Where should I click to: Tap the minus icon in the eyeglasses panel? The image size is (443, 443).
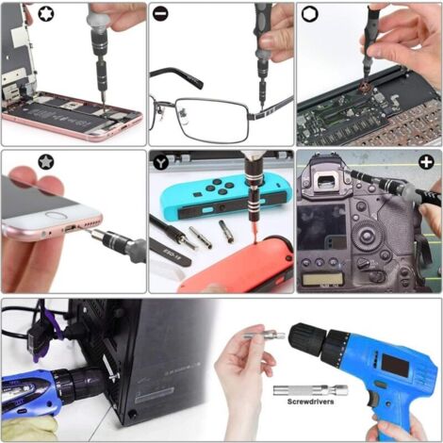(x=162, y=16)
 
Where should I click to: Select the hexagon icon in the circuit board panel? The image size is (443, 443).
(x=309, y=15)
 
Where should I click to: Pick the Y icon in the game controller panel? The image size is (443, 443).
(x=162, y=163)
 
